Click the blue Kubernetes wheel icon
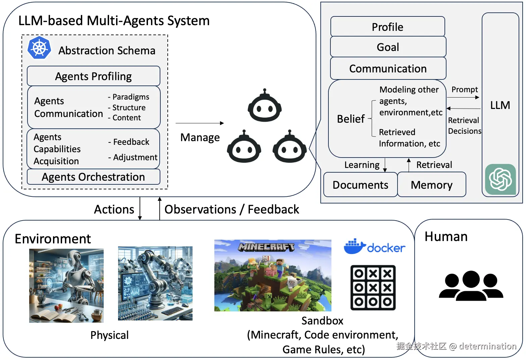tap(39, 48)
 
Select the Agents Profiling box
tap(94, 76)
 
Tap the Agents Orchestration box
tap(94, 177)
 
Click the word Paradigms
tap(131, 97)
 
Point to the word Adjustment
tap(135, 157)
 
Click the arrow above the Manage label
tap(200, 123)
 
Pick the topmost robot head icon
tap(265, 105)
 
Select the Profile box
tap(388, 26)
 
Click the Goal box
tap(388, 47)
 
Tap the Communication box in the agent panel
tap(388, 68)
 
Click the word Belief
tap(351, 119)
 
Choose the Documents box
tap(360, 184)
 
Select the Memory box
tap(432, 184)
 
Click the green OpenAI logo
tap(501, 179)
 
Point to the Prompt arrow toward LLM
tap(463, 97)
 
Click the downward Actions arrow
tap(140, 208)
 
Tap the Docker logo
tap(374, 247)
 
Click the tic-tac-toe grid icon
tap(373, 288)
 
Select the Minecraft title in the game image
tap(266, 247)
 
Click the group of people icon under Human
tap(471, 286)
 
